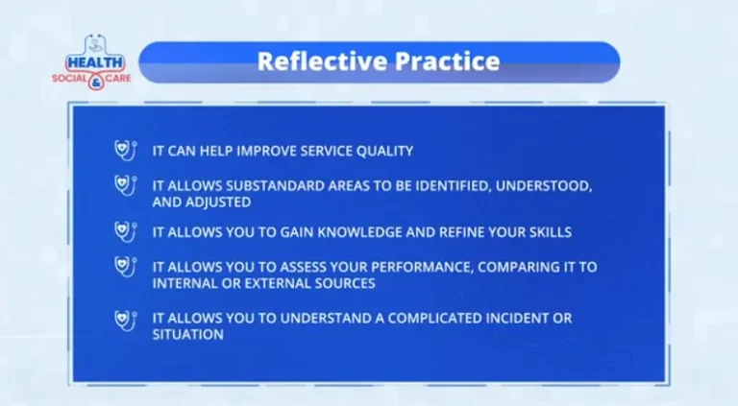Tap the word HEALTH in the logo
pyautogui.click(x=93, y=61)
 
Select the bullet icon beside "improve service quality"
pyautogui.click(x=123, y=150)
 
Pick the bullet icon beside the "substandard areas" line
pyautogui.click(x=123, y=183)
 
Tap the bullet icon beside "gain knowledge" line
pyautogui.click(x=123, y=231)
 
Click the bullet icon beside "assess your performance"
pyautogui.click(x=123, y=265)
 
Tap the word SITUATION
pyautogui.click(x=188, y=335)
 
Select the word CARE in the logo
pyautogui.click(x=115, y=77)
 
